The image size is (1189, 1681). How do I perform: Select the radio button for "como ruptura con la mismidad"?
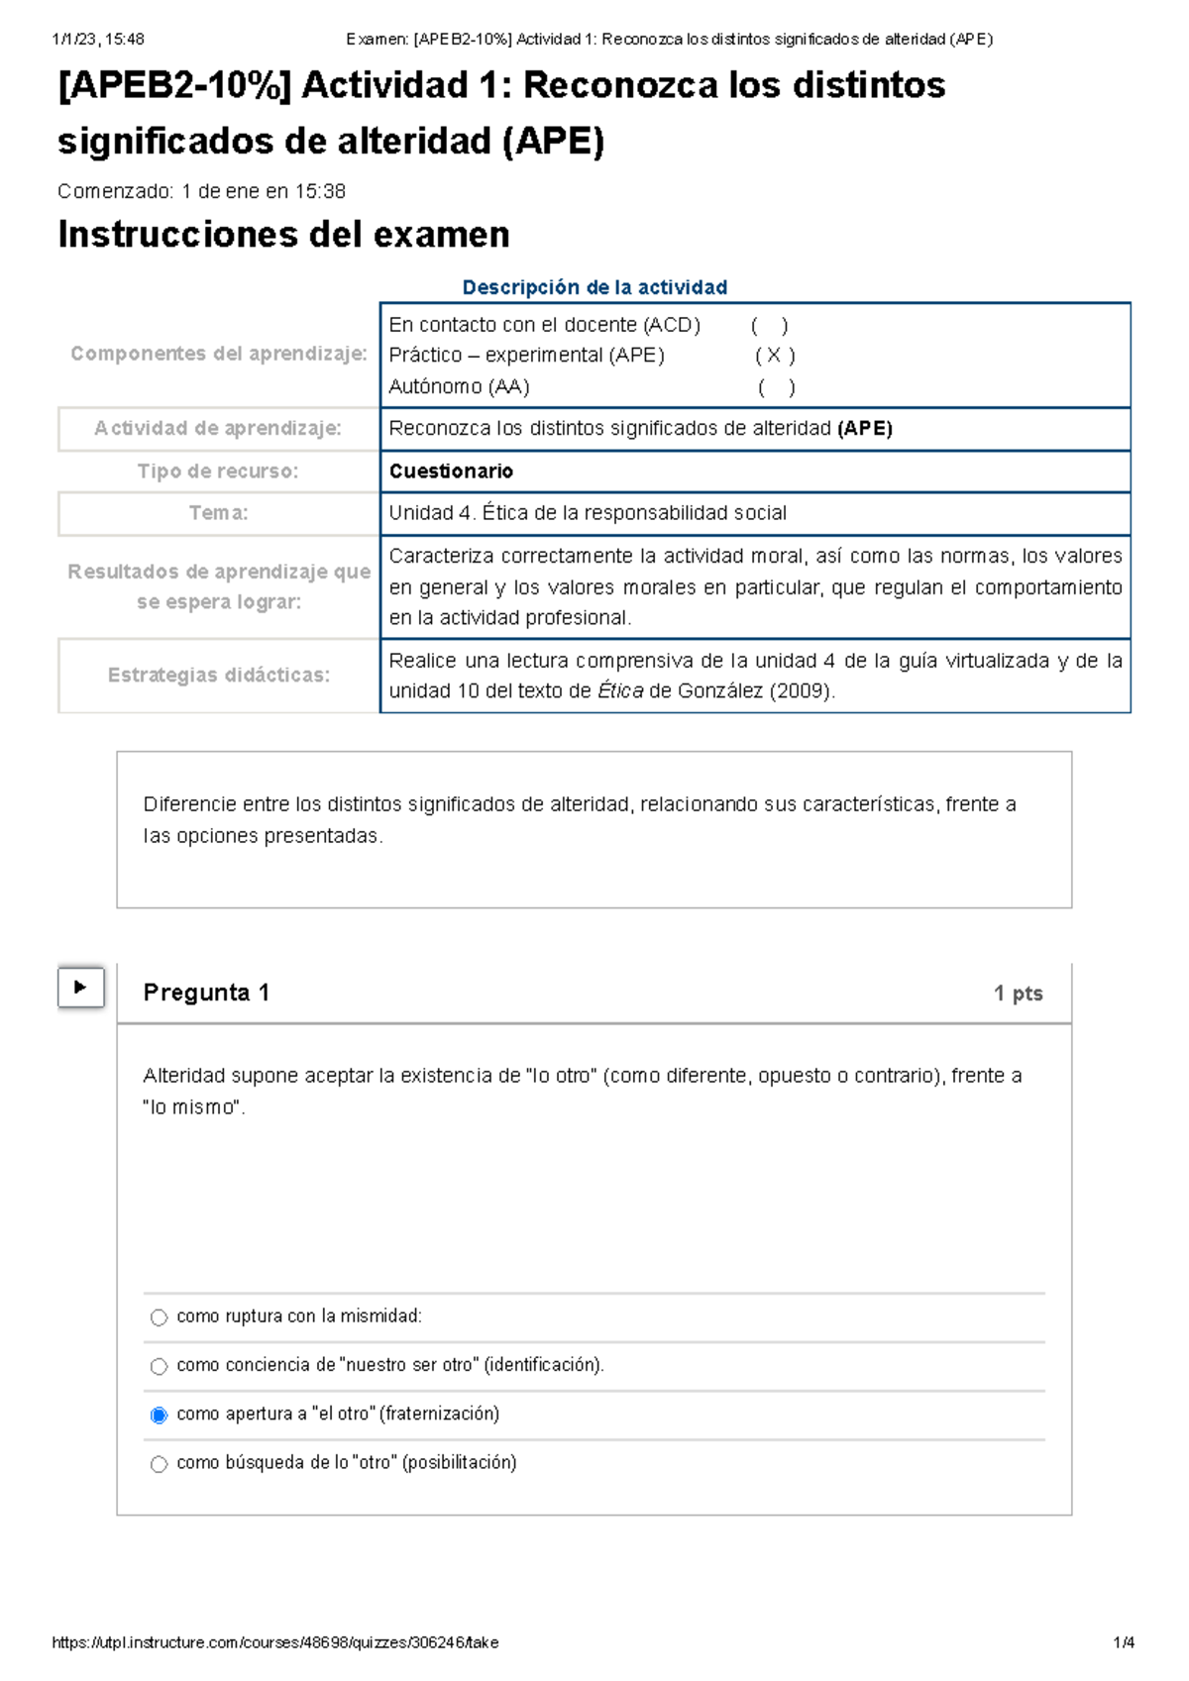(x=159, y=1317)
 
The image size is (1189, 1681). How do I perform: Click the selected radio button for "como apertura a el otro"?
(x=159, y=1416)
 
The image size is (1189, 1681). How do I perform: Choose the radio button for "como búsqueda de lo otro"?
(x=159, y=1464)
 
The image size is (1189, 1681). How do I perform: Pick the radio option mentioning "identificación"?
(x=159, y=1367)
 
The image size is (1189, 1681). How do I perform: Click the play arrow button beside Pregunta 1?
(x=81, y=987)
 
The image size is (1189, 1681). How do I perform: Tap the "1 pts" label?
(x=1018, y=994)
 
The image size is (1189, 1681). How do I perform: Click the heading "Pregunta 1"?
(x=206, y=993)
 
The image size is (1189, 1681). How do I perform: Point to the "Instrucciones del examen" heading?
(x=283, y=235)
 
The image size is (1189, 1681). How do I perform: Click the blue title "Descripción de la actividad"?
(x=594, y=287)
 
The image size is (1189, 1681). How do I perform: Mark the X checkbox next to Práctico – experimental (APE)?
(x=775, y=356)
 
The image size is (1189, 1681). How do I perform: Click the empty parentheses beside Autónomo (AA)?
(x=776, y=387)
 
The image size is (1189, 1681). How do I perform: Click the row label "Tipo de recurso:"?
(x=218, y=472)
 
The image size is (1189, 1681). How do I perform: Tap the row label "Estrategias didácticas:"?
(x=218, y=675)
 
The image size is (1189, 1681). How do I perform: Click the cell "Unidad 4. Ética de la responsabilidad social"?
(x=588, y=513)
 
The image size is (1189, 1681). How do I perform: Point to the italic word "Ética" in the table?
(x=620, y=691)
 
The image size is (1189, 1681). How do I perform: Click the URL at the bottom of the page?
(x=274, y=1642)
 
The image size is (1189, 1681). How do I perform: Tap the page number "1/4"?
(x=1124, y=1642)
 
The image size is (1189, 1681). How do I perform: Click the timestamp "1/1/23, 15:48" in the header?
(x=97, y=40)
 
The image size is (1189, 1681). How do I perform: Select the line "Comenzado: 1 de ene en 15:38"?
(x=201, y=191)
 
